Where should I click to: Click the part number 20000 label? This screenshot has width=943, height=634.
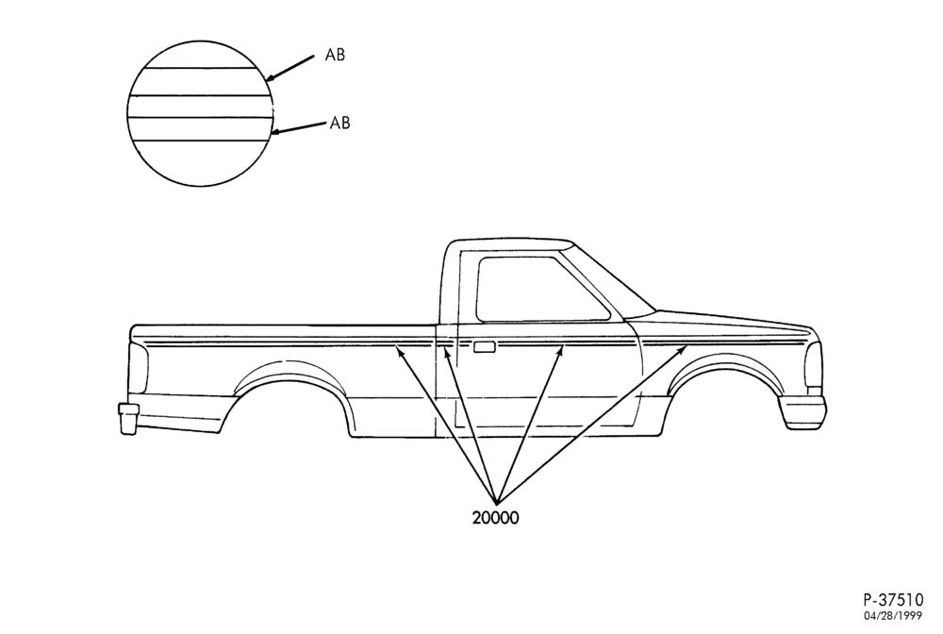pos(495,517)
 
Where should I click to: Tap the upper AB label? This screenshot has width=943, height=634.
pos(335,55)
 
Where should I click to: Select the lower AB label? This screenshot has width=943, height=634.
pos(339,123)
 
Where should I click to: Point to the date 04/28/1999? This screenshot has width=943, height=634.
pos(893,616)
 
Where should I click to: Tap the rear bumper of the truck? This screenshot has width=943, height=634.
pos(128,417)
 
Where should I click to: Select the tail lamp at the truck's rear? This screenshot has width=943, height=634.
pos(139,368)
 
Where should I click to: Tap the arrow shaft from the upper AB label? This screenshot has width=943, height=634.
pos(290,68)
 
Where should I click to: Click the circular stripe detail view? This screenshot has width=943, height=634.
pos(200,113)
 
